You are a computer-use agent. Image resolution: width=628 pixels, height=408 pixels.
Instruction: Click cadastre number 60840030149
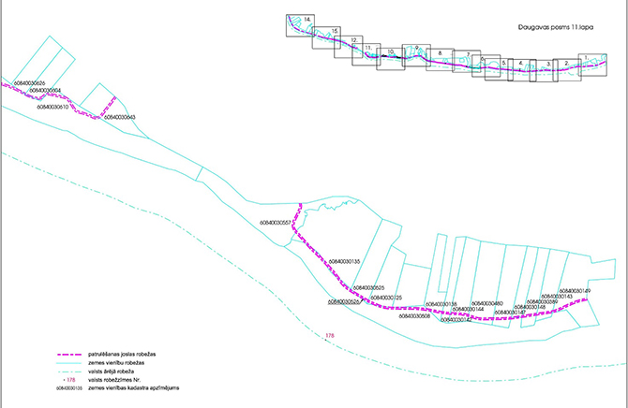coord(573,291)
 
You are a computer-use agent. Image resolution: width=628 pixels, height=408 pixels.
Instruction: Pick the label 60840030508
coord(414,316)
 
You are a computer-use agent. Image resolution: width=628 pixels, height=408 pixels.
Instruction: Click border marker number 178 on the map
coord(329,335)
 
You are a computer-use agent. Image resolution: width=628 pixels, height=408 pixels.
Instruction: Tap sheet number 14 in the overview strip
coord(307,20)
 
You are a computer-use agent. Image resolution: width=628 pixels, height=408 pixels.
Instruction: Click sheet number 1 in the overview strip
coord(586,58)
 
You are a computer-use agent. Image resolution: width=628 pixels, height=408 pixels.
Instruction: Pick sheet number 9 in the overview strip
coord(416,48)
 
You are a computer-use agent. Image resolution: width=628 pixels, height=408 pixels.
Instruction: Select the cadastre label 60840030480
coord(487,303)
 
